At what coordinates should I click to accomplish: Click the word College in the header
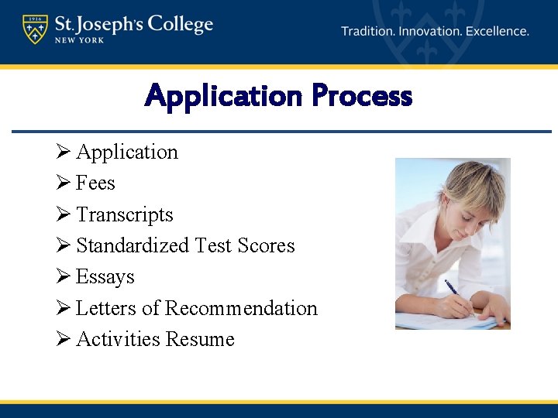[180, 25]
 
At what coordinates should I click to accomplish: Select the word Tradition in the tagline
[368, 32]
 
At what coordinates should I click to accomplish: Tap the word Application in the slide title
[224, 97]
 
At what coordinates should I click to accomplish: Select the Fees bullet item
[95, 183]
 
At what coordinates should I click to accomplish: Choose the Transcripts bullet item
[125, 214]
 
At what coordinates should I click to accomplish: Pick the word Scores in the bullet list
[266, 245]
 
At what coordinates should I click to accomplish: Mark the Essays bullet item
[105, 277]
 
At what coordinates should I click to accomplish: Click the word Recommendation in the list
[241, 308]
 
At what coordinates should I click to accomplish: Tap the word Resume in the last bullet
[205, 339]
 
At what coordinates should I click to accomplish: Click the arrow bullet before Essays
[64, 277]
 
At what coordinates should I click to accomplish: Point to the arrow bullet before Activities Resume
[64, 339]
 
